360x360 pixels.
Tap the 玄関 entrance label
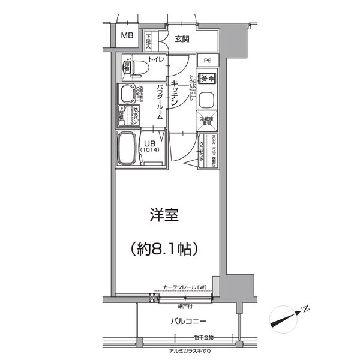pyautogui.click(x=182, y=39)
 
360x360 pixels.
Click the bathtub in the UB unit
pyautogui.click(x=128, y=149)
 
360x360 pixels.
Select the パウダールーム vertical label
pyautogui.click(x=160, y=104)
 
